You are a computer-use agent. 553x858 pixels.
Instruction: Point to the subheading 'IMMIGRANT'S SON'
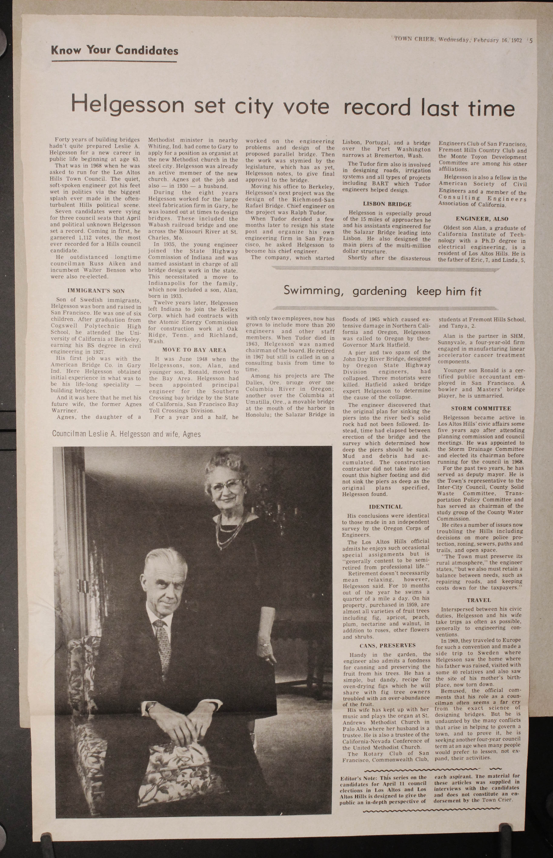96,290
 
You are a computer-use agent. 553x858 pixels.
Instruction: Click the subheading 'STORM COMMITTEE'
481,409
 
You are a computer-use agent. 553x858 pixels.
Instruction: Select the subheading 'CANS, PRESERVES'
387,645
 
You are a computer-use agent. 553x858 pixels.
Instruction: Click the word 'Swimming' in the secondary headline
312,291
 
